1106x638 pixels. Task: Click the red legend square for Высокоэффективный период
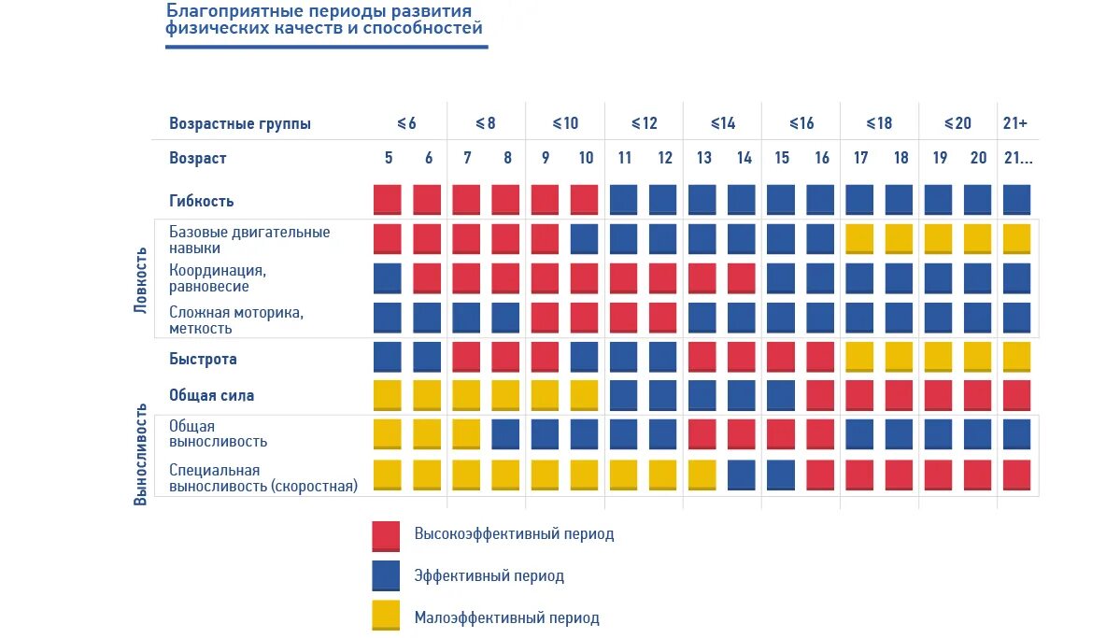386,535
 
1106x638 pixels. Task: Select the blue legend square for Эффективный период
386,576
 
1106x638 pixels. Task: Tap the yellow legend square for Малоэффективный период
386,617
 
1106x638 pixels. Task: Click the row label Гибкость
202,201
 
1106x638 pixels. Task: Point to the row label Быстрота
203,359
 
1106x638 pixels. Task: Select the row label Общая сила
211,395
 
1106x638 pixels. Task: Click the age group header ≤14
723,123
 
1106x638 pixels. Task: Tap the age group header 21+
1015,123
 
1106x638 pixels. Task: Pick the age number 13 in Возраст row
704,158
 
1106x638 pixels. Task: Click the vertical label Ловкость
141,279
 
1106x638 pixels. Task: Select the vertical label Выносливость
141,454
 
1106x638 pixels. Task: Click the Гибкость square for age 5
388,200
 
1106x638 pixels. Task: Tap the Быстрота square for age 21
1016,357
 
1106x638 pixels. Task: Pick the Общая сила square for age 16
820,394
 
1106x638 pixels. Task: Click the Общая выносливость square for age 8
506,434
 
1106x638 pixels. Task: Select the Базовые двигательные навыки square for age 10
585,238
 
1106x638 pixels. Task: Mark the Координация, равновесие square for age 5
388,278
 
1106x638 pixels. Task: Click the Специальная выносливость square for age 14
742,475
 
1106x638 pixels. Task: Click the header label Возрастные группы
240,123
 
